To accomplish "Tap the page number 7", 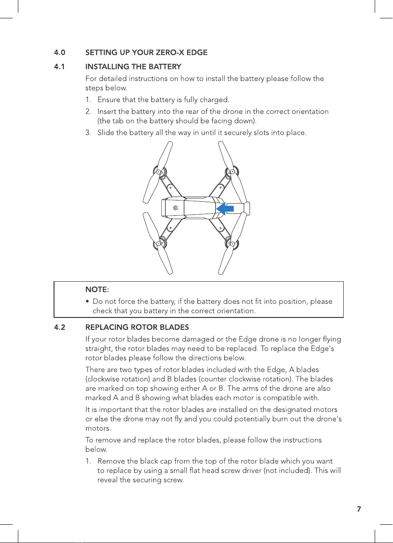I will (359, 509).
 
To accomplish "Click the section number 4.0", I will (60, 53).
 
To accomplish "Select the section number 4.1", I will (60, 67).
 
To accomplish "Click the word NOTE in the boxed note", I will (97, 290).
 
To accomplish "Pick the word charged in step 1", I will (216, 100).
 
